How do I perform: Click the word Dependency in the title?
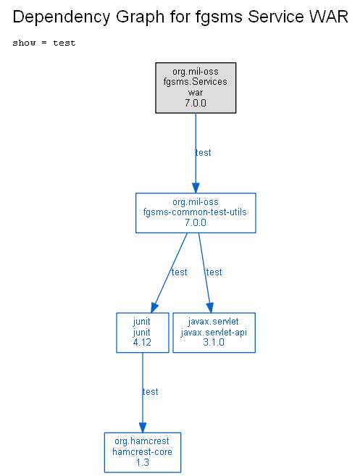[x=62, y=17]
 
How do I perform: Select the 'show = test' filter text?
[x=44, y=43]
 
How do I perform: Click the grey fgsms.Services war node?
[x=196, y=88]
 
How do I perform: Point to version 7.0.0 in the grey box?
[x=196, y=103]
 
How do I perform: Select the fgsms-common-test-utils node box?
[x=196, y=213]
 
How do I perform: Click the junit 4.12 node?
[x=143, y=333]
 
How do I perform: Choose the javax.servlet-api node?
[x=214, y=333]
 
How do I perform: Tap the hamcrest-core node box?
[x=143, y=452]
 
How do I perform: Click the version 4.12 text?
[x=142, y=343]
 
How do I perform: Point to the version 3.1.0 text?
[x=214, y=343]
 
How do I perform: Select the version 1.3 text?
[x=143, y=462]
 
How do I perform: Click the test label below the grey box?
[x=204, y=153]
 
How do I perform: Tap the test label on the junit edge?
[x=180, y=272]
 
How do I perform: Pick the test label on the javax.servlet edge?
[x=214, y=272]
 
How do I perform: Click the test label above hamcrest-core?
[x=151, y=392]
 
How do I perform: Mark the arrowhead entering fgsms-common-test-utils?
[x=196, y=188]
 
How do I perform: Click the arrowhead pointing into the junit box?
[x=154, y=308]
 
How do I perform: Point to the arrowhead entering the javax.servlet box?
[x=210, y=307]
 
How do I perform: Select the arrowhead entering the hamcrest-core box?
[x=143, y=427]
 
